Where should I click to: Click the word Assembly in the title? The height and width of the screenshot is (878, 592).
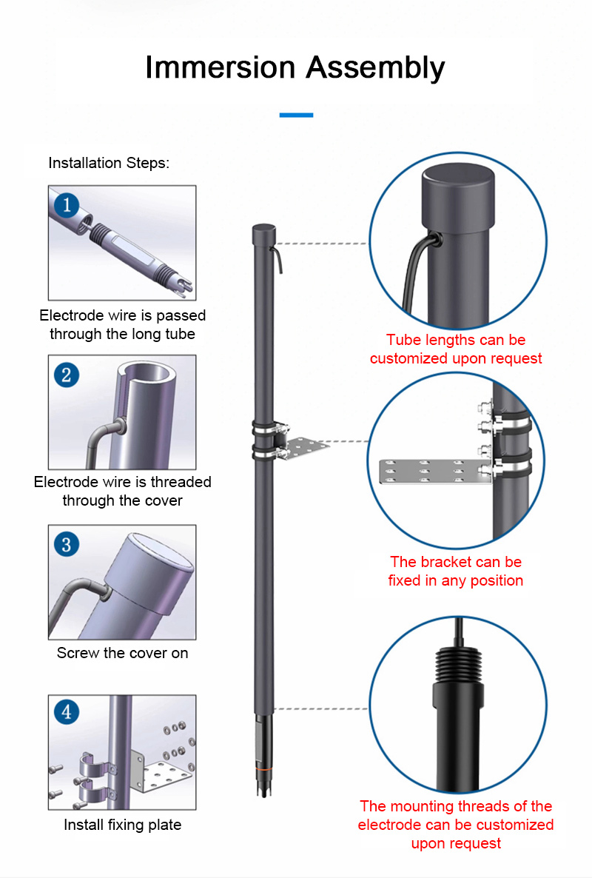(x=375, y=67)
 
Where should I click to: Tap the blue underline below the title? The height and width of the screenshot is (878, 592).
(x=296, y=115)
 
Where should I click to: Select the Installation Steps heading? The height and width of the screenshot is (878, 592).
(x=109, y=163)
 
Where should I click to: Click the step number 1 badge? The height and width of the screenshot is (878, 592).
(x=67, y=204)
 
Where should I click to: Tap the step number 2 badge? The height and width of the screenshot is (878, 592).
(x=67, y=374)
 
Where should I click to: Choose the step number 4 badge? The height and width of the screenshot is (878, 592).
(x=67, y=713)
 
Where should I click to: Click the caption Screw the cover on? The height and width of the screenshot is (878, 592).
(x=122, y=653)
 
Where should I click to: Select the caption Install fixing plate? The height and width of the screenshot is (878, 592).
(x=122, y=825)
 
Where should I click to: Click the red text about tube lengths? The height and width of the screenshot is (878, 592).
(x=456, y=349)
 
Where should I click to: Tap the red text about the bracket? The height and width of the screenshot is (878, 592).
(x=456, y=572)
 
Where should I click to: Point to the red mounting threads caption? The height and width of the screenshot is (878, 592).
(x=456, y=824)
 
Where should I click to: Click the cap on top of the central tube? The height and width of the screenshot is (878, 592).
(x=263, y=232)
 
